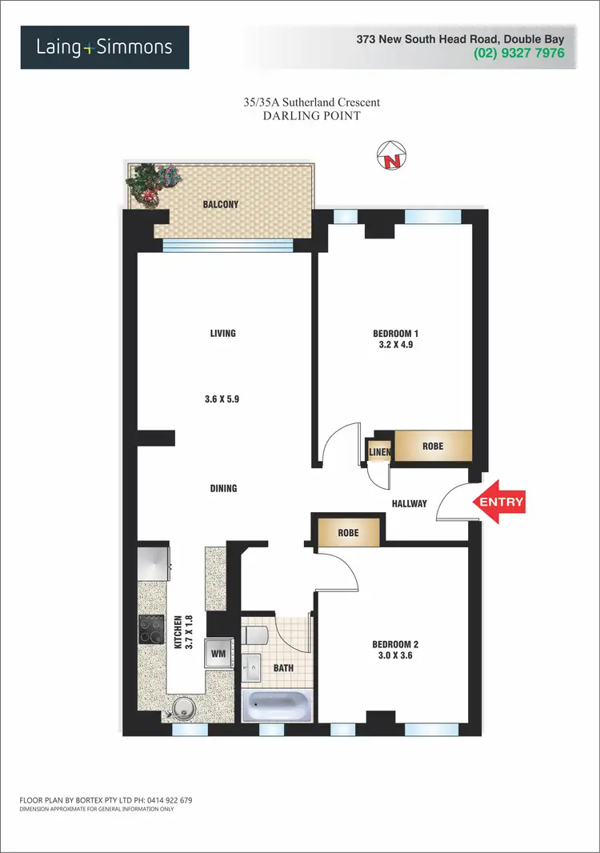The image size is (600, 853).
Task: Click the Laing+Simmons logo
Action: pos(105,47)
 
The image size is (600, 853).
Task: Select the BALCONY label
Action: pos(220,205)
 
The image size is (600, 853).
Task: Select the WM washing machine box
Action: pos(217,654)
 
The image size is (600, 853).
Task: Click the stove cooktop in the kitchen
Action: pos(152,628)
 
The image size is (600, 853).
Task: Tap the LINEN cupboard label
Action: pos(379,453)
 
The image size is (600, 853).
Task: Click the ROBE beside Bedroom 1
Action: pos(433,446)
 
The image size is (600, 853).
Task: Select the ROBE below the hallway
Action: pos(347,533)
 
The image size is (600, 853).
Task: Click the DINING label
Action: pos(223,488)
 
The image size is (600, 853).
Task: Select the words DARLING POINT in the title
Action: pos(312,116)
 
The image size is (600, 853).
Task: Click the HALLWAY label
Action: pos(409,503)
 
